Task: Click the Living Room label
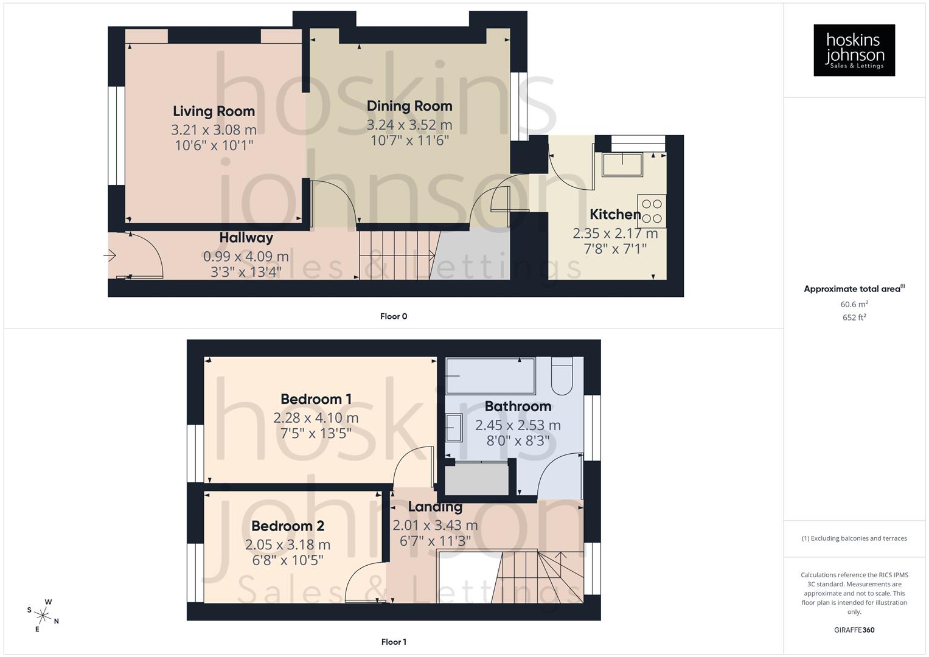pos(214,111)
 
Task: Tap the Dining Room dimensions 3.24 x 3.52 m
pos(409,125)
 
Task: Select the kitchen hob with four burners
pos(652,211)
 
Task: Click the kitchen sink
pos(622,164)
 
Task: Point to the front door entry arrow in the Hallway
pos(110,255)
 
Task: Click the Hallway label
pos(246,238)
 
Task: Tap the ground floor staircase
pos(395,255)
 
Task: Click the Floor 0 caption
pos(393,316)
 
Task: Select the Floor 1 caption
pos(393,642)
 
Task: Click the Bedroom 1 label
pos(316,400)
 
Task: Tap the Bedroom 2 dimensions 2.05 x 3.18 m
pos(287,544)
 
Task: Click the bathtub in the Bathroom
pos(490,376)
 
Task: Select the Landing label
pos(434,507)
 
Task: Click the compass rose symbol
pos(43,614)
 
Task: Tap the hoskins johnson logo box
pos(854,50)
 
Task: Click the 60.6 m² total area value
pos(854,304)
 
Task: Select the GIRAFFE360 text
pos(854,630)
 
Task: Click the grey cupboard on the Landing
pos(476,479)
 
